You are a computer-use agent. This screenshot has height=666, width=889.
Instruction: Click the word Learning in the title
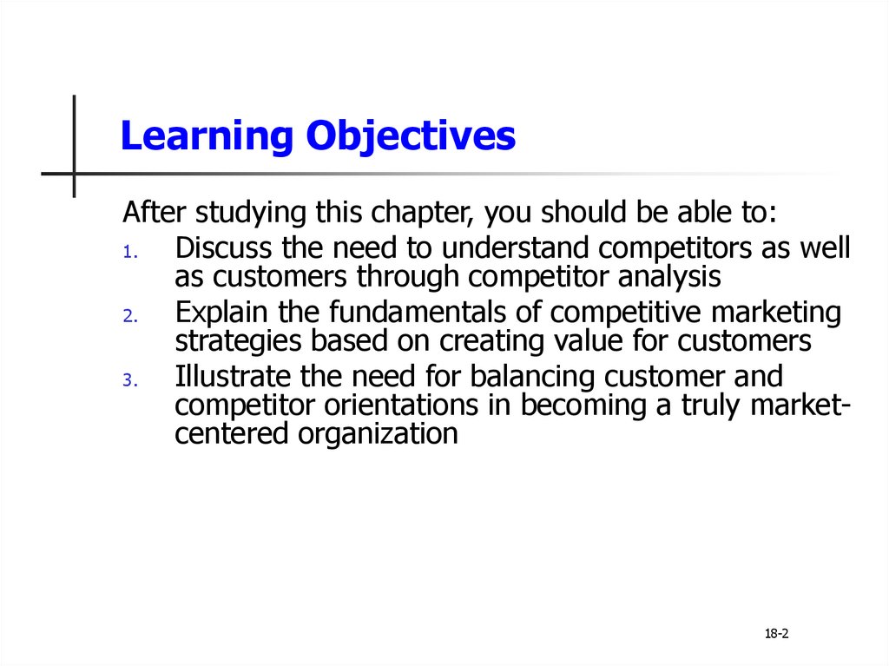[x=207, y=136]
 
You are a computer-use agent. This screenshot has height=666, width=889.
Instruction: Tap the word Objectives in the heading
[x=411, y=136]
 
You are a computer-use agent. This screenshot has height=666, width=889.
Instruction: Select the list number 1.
[x=130, y=251]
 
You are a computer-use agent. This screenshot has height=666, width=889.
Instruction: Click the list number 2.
[x=130, y=315]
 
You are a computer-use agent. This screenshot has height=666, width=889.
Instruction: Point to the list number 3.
[x=130, y=379]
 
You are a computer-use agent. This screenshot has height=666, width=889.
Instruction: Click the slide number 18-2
[x=776, y=634]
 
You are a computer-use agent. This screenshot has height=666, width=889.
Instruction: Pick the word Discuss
[x=223, y=248]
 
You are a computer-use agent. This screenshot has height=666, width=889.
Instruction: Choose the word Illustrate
[x=233, y=376]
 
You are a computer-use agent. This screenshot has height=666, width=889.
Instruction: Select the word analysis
[x=669, y=277]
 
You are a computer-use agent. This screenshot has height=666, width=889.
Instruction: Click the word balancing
[x=532, y=377]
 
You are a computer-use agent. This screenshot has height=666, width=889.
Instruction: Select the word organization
[x=379, y=434]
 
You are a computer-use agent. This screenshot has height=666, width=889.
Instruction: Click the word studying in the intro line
[x=251, y=213]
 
